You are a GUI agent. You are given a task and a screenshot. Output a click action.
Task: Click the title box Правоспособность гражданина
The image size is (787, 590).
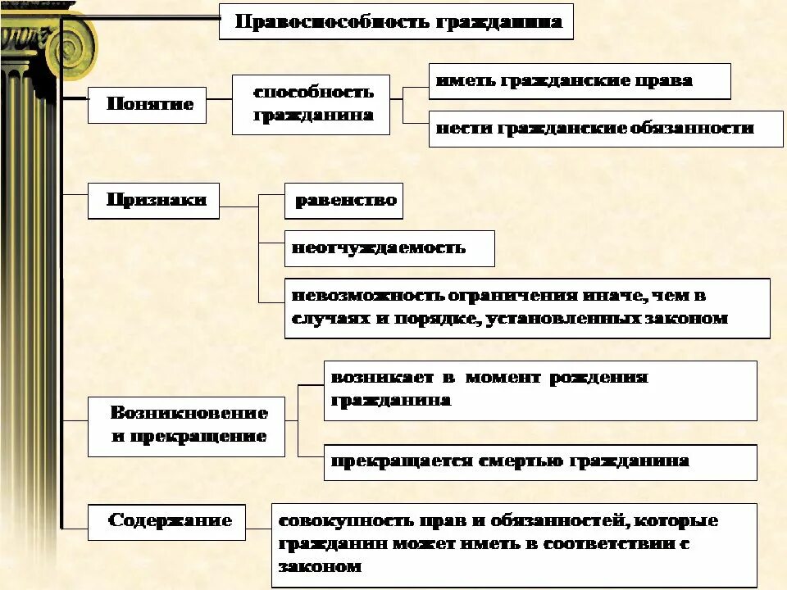[396, 21]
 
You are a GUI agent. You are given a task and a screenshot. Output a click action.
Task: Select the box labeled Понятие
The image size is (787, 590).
[147, 105]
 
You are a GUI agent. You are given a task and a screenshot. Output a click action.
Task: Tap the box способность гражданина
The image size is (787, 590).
[311, 104]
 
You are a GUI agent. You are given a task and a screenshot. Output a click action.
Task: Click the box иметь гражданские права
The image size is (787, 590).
[579, 81]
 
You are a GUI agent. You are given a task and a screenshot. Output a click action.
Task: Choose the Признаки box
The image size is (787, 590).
[153, 200]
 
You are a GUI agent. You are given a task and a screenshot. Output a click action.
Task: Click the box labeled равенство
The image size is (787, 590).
[343, 201]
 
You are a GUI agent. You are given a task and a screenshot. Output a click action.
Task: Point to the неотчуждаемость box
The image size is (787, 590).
[389, 248]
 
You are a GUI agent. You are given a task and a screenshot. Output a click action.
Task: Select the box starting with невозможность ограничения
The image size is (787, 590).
[527, 307]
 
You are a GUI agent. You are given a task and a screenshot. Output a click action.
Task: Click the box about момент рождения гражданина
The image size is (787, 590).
[539, 390]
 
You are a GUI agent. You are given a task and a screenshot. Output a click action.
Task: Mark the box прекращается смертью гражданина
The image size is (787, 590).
[539, 462]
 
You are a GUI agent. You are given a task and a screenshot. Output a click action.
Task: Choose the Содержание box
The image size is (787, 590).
[166, 521]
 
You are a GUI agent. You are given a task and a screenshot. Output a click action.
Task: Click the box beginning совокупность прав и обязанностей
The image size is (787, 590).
[514, 544]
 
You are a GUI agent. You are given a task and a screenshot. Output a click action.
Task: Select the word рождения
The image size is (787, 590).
[598, 378]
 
